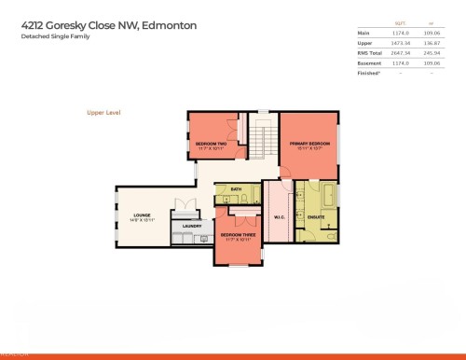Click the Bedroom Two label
[212, 144]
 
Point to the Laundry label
[193, 225]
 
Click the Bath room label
[237, 189]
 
